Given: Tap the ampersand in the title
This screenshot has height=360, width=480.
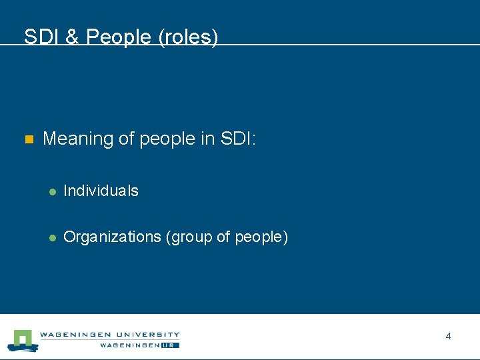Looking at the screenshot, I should click(x=72, y=37).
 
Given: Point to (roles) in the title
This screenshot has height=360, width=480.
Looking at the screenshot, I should click(x=189, y=37).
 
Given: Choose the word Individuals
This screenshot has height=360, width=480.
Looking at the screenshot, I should click(x=101, y=191).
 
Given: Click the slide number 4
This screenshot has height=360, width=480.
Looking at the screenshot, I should click(x=448, y=337).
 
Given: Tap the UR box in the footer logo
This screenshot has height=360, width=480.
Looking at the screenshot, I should click(x=172, y=345).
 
